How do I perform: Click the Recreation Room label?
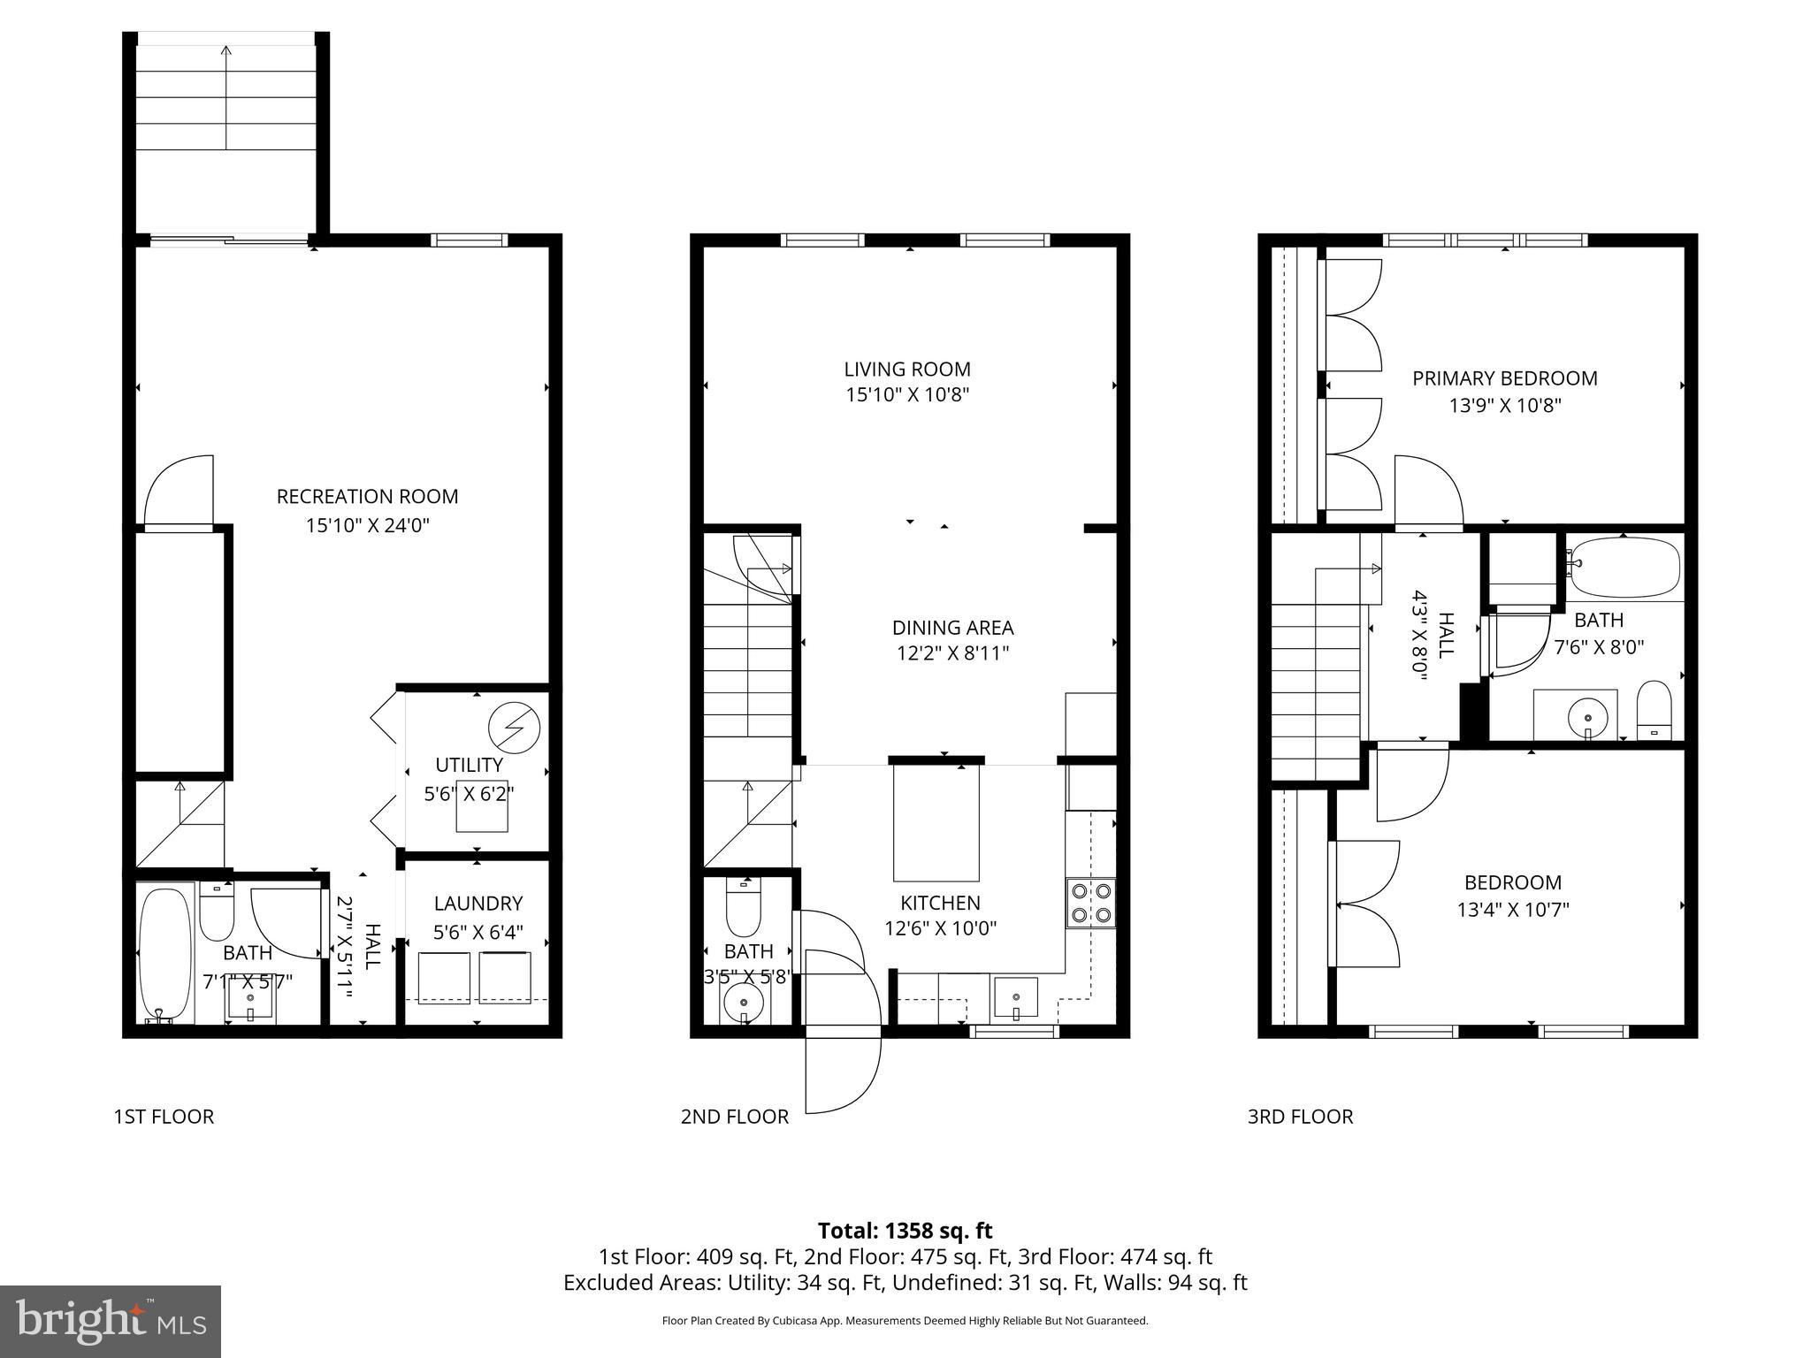pos(367,496)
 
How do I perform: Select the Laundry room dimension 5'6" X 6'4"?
pos(478,932)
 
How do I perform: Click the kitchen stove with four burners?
pos(1091,903)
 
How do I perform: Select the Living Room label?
pos(906,369)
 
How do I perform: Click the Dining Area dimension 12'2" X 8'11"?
pos(951,653)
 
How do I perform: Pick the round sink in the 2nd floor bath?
pos(744,1003)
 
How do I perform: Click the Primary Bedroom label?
pos(1504,378)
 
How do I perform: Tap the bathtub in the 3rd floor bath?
pos(1625,568)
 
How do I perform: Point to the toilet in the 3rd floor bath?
pos(1654,711)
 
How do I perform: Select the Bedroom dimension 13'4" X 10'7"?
pos(1513,909)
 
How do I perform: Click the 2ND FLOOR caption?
pos(734,1117)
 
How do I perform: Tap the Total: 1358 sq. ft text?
pos(905,1231)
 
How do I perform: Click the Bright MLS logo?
pos(110,1321)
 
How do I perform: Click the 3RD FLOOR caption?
pos(1300,1117)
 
